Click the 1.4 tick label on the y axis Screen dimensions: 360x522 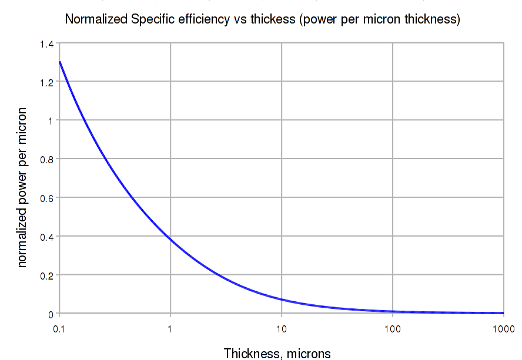[x=46, y=43]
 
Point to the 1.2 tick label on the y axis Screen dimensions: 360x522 [x=46, y=82]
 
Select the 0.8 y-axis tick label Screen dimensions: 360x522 [x=46, y=159]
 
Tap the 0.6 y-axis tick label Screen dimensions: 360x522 [x=46, y=198]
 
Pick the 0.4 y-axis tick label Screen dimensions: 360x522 [x=46, y=237]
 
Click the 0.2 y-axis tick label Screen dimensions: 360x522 [x=46, y=275]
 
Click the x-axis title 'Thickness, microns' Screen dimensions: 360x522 [x=277, y=353]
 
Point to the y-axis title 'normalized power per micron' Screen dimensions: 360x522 [x=22, y=187]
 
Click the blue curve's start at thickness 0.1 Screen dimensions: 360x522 [x=60, y=62]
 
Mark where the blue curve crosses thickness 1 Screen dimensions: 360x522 [x=170, y=239]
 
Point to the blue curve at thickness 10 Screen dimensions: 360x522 [x=282, y=300]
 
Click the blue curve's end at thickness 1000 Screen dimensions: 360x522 [x=503, y=313]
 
